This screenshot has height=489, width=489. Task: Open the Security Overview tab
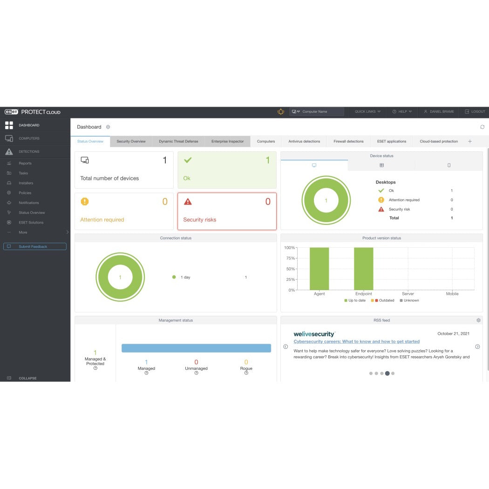pyautogui.click(x=131, y=142)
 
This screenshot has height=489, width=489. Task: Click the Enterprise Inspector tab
pyautogui.click(x=227, y=142)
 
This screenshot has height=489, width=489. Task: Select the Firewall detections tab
pyautogui.click(x=348, y=142)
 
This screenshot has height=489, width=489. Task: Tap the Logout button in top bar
pyautogui.click(x=475, y=112)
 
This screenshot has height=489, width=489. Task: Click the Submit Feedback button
pyautogui.click(x=35, y=247)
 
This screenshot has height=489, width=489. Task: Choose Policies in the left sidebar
pyautogui.click(x=25, y=193)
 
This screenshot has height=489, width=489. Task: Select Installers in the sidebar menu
pyautogui.click(x=26, y=183)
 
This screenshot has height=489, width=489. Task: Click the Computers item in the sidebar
pyautogui.click(x=29, y=138)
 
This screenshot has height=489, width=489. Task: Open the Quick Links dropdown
pyautogui.click(x=367, y=112)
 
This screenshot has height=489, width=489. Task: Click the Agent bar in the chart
pyautogui.click(x=319, y=269)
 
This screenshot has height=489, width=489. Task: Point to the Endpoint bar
pyautogui.click(x=364, y=269)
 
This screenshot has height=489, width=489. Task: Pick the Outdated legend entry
pyautogui.click(x=384, y=300)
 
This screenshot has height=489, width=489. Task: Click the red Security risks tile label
pyautogui.click(x=200, y=220)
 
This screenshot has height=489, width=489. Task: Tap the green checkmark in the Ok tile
pyautogui.click(x=188, y=160)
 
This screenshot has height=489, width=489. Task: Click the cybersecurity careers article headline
pyautogui.click(x=356, y=342)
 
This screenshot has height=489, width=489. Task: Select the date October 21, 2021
pyautogui.click(x=453, y=333)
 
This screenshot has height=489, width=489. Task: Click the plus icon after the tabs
pyautogui.click(x=470, y=142)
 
